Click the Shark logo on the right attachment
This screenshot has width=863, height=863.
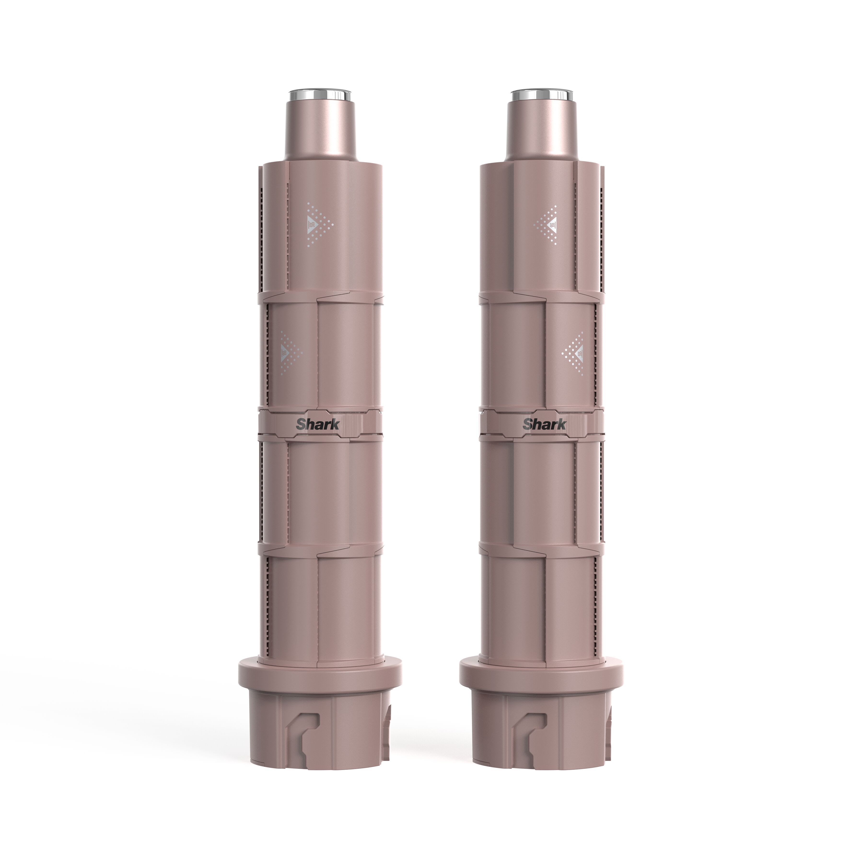544,423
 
